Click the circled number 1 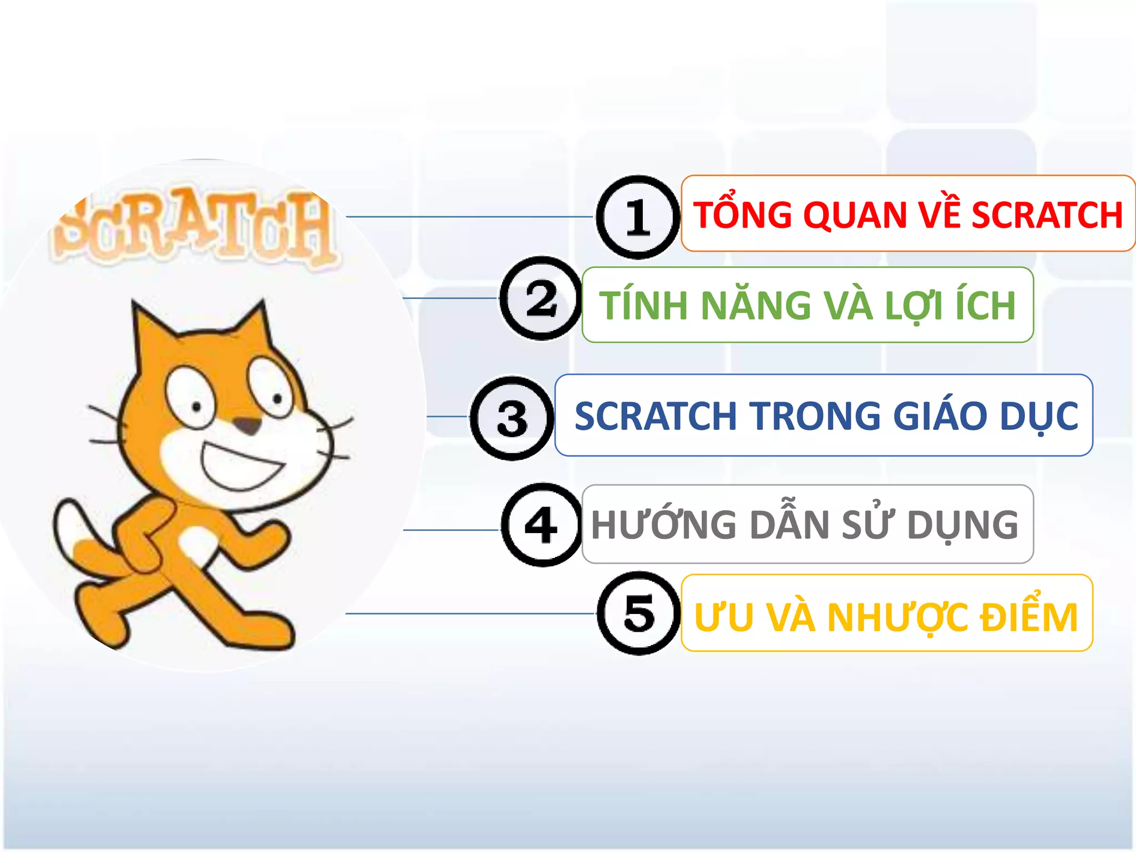(638, 217)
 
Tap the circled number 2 (541, 298)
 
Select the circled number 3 (512, 418)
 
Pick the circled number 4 (541, 525)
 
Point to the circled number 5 (639, 613)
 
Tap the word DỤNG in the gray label (962, 525)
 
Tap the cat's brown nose (247, 426)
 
